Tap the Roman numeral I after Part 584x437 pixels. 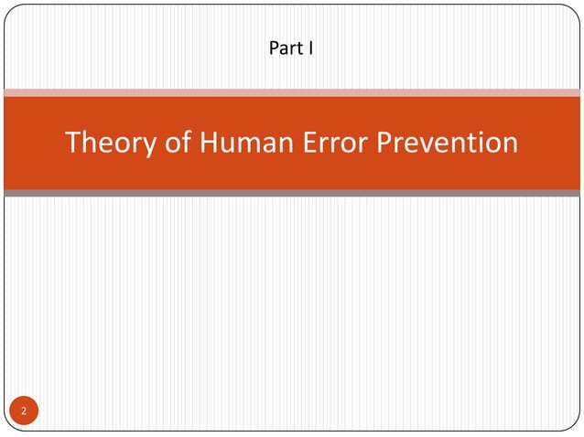point(311,47)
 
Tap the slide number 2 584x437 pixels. point(25,412)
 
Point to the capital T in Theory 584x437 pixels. point(74,144)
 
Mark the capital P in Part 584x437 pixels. point(274,47)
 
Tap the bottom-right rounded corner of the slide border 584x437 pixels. point(574,425)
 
